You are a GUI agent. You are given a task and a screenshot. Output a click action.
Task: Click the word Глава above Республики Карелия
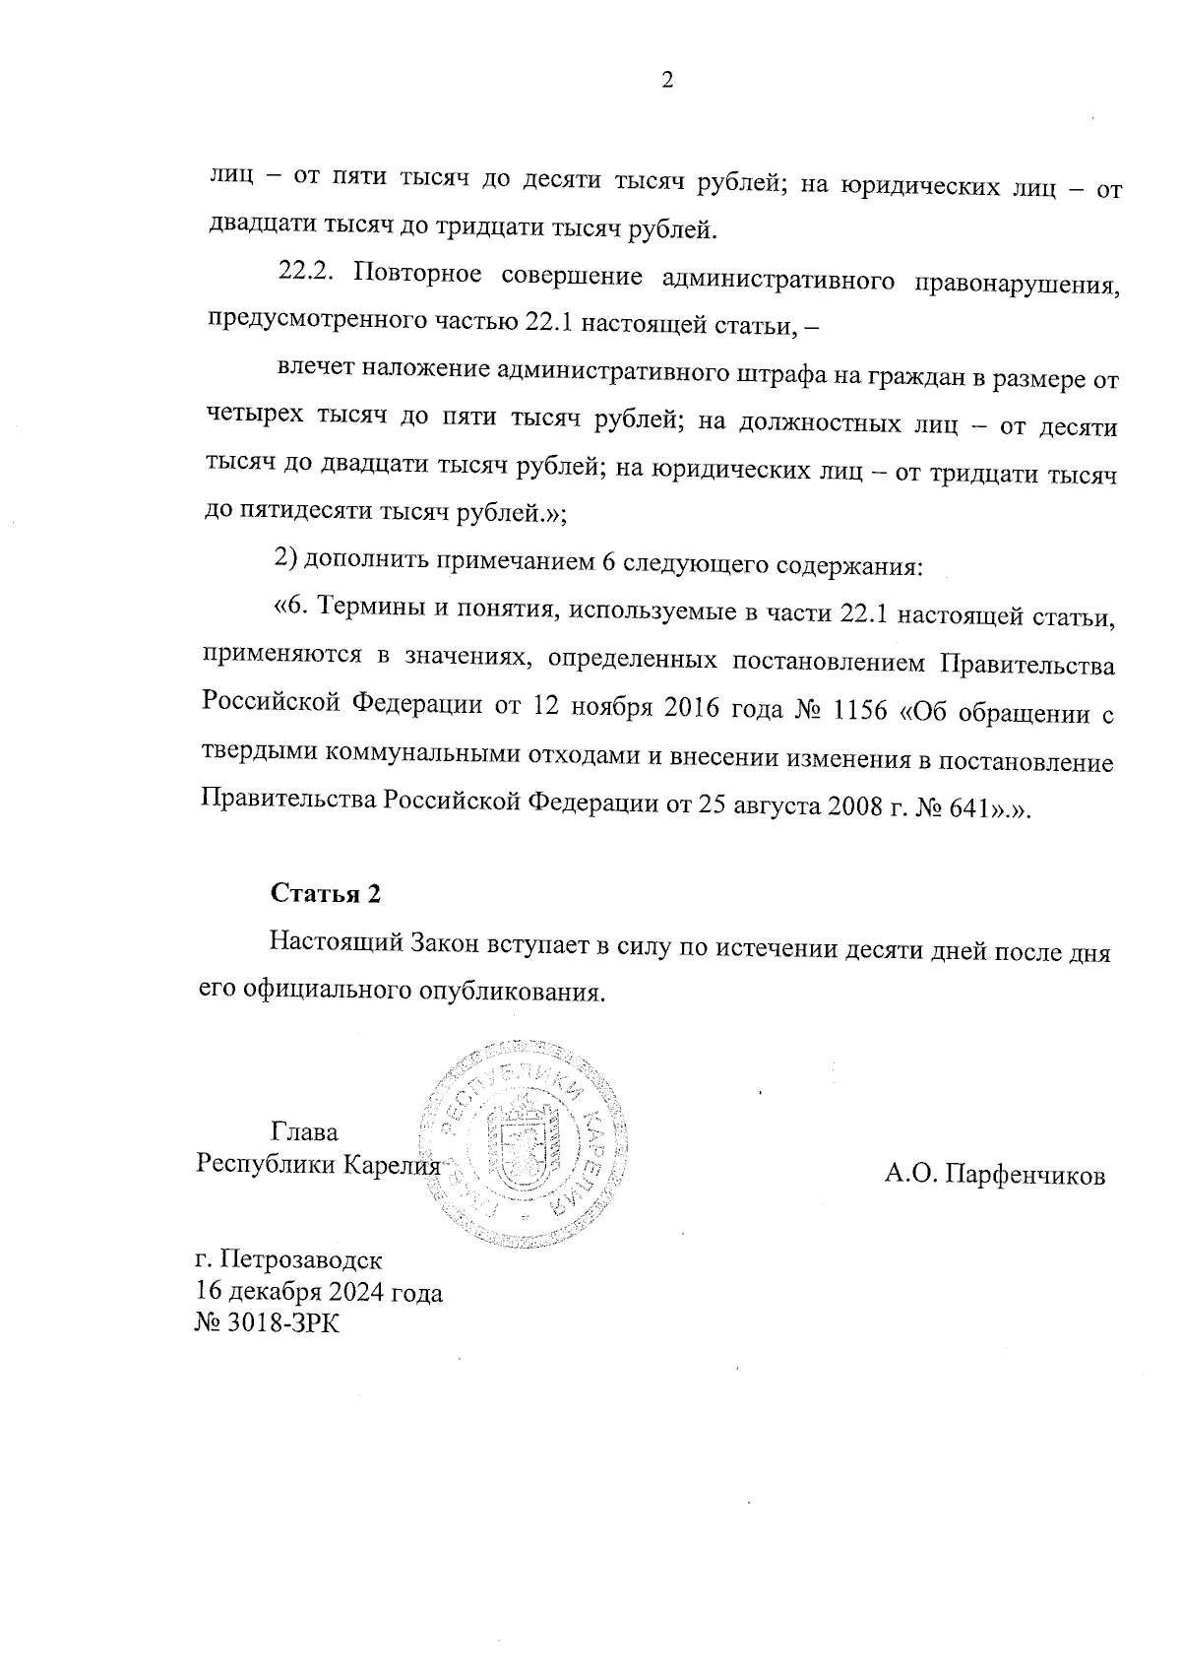tap(304, 1131)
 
